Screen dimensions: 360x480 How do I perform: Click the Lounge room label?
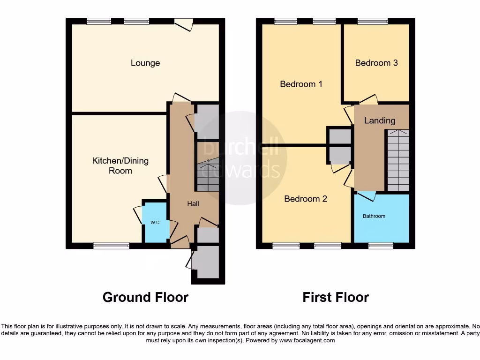pos(145,63)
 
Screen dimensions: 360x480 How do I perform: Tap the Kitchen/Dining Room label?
pos(120,165)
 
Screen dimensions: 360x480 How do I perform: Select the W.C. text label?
pos(156,223)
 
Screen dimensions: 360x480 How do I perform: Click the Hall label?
pos(193,204)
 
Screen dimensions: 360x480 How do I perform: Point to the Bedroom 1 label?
pos(301,84)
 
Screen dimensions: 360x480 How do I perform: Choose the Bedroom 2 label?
pos(306,199)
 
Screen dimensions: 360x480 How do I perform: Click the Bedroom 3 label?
pos(376,63)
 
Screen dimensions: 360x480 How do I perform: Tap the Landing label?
pos(380,120)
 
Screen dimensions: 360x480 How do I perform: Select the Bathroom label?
pos(374,216)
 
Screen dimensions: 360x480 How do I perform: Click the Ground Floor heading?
pos(145,297)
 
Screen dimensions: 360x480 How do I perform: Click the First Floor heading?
pos(336,297)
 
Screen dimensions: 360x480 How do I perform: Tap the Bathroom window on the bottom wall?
pos(381,246)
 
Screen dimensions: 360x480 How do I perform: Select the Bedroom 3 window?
pos(373,21)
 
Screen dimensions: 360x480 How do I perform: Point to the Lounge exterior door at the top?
pos(183,23)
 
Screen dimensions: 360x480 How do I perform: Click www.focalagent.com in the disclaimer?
pos(307,340)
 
